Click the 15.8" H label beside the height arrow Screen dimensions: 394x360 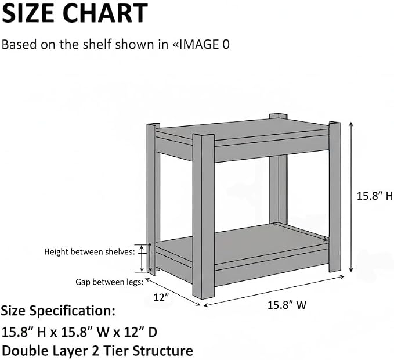(375, 196)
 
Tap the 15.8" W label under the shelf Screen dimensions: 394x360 (287, 305)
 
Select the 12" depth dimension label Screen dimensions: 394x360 (161, 297)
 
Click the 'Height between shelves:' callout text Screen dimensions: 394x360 (90, 251)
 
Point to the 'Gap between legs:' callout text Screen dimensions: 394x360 (110, 282)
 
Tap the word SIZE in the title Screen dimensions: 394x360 (28, 13)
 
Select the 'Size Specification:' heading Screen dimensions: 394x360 (58, 311)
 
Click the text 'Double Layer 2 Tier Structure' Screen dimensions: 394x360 (97, 351)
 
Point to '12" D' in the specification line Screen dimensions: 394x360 (140, 332)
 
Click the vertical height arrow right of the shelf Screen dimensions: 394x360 (351, 197)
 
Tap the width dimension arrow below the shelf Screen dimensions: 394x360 (274, 291)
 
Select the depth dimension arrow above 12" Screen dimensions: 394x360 (173, 291)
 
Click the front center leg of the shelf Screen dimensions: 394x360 (204, 216)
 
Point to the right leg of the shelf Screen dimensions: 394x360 (335, 197)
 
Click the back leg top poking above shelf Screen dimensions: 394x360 (278, 117)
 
